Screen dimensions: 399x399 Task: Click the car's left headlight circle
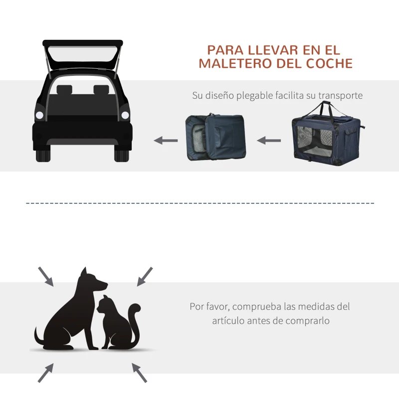tap(40, 115)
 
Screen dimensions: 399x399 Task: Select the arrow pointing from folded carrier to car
tap(166, 140)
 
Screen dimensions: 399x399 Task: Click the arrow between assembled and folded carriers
tap(269, 140)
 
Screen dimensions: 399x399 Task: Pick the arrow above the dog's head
tap(45, 276)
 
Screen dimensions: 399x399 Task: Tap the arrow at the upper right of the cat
tap(145, 275)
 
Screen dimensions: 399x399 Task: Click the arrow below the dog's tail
tap(45, 372)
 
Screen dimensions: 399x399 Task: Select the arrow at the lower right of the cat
tap(139, 372)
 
